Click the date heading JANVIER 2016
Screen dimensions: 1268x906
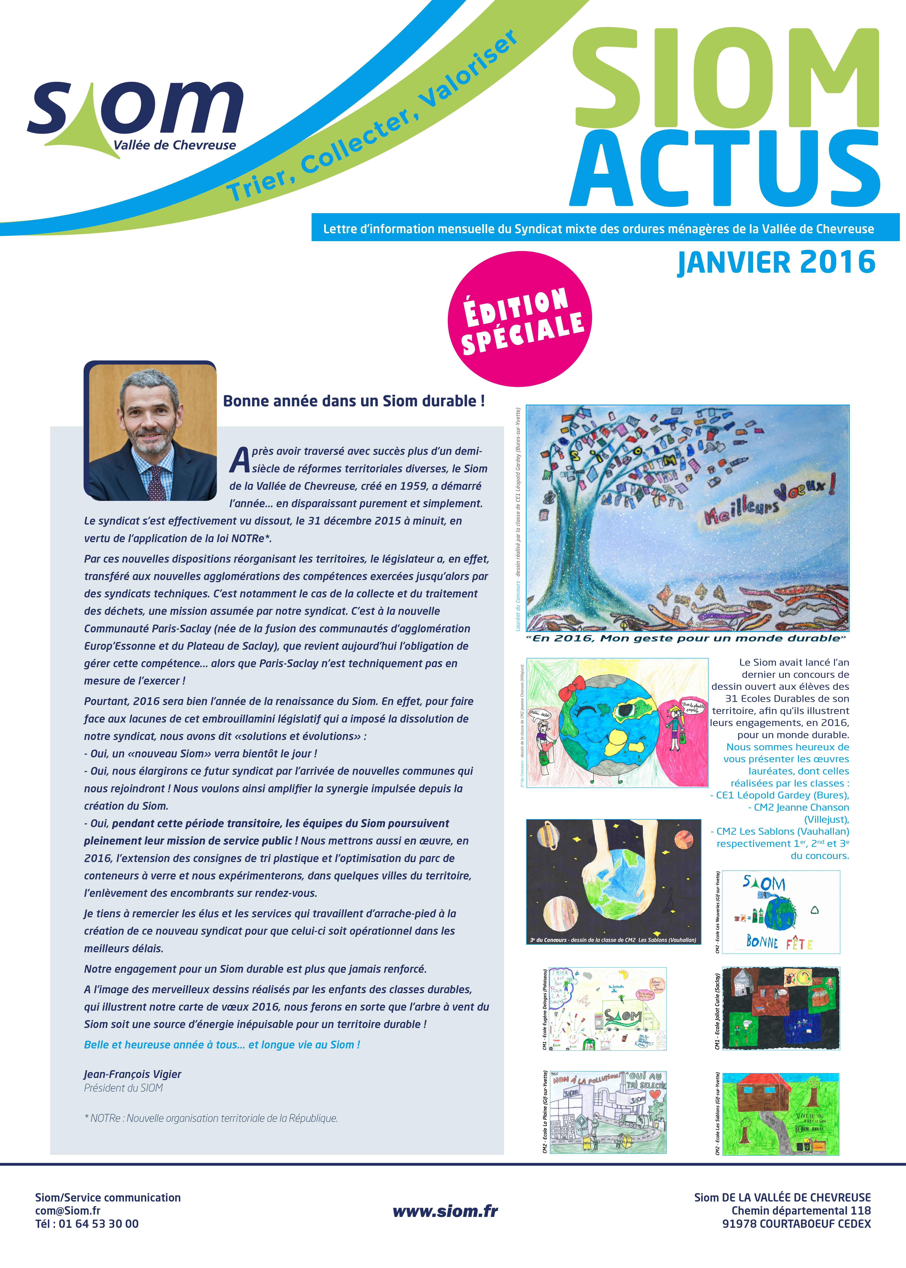click(776, 263)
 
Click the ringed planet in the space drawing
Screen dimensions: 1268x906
click(548, 835)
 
